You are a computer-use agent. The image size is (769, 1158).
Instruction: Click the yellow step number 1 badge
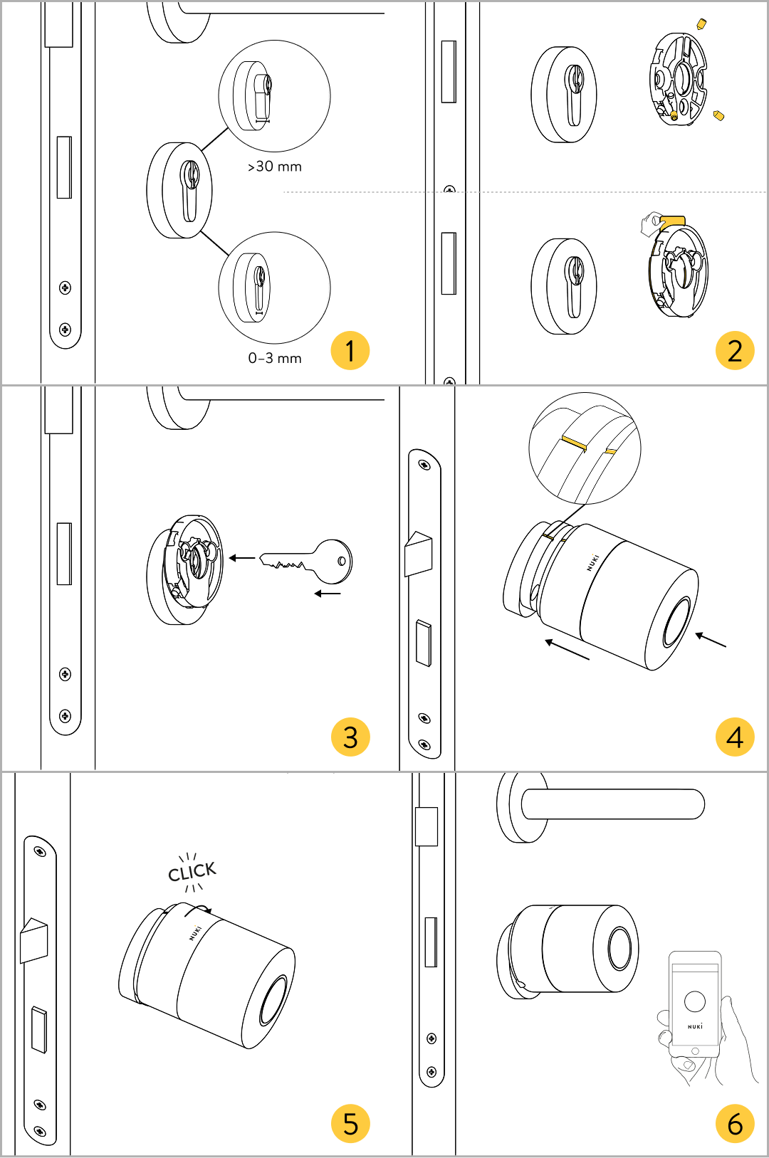(x=350, y=350)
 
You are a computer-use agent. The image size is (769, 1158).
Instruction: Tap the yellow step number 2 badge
(x=735, y=350)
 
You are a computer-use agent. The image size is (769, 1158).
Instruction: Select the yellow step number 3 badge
(x=350, y=737)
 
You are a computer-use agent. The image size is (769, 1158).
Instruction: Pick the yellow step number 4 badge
(x=735, y=737)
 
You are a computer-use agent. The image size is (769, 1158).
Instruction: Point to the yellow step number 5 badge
(x=350, y=1124)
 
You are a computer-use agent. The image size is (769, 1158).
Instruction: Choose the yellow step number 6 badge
(x=735, y=1124)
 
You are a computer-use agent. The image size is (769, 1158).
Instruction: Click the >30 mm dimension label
(x=274, y=167)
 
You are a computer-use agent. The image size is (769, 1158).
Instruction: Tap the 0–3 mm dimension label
(x=275, y=358)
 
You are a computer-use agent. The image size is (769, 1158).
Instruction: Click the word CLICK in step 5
(x=192, y=872)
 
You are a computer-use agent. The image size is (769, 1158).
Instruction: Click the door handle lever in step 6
(x=613, y=804)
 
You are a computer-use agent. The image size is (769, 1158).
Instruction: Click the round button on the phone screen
(x=694, y=1001)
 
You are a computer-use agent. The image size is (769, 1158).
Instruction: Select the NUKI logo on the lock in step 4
(x=592, y=562)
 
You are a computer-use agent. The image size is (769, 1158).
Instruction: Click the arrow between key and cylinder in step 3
(x=242, y=558)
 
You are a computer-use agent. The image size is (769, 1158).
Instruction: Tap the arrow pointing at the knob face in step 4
(x=711, y=639)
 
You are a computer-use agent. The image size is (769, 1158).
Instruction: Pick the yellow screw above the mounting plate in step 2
(x=701, y=23)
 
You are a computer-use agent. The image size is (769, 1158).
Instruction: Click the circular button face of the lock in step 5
(x=273, y=1000)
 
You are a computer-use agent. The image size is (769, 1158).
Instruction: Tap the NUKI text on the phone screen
(x=695, y=1026)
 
